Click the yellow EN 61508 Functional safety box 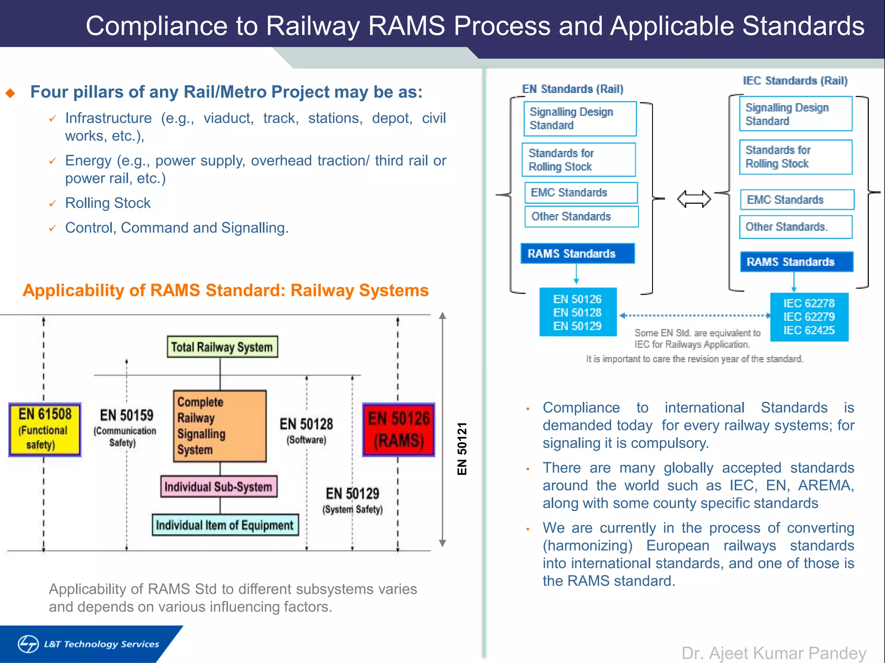point(45,429)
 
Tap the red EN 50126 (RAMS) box point(398,429)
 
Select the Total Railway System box point(222,347)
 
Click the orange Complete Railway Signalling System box point(220,426)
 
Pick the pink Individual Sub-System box point(219,487)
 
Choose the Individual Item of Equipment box point(225,525)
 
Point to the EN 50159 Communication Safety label point(125,427)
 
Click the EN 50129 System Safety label point(352,500)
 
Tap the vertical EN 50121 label point(462,449)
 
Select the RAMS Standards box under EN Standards point(577,253)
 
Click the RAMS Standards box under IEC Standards point(796,262)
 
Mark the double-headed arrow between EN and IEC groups point(694,199)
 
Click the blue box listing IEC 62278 point(809,317)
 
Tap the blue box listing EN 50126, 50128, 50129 point(578,312)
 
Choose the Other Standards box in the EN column point(581,216)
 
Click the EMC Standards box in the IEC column point(796,199)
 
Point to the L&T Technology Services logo point(89,644)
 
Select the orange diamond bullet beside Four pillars point(10,93)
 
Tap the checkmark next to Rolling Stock point(52,203)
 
